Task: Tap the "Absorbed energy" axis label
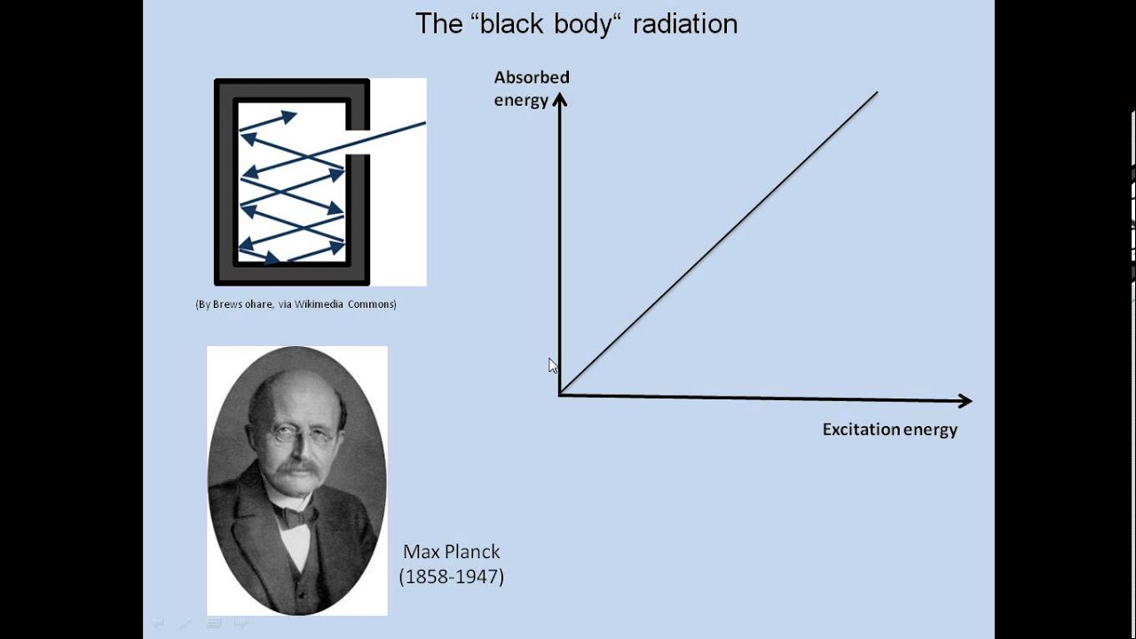[x=531, y=89]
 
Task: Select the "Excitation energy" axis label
[x=889, y=430]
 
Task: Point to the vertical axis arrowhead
[x=559, y=99]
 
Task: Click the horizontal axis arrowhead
[x=966, y=401]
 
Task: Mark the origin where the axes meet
[x=560, y=394]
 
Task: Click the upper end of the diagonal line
[x=876, y=92]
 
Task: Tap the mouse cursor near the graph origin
[x=552, y=365]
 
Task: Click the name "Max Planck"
[x=451, y=552]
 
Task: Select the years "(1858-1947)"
[x=451, y=577]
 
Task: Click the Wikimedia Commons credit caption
[x=296, y=304]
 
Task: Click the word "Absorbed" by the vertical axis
[x=532, y=78]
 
